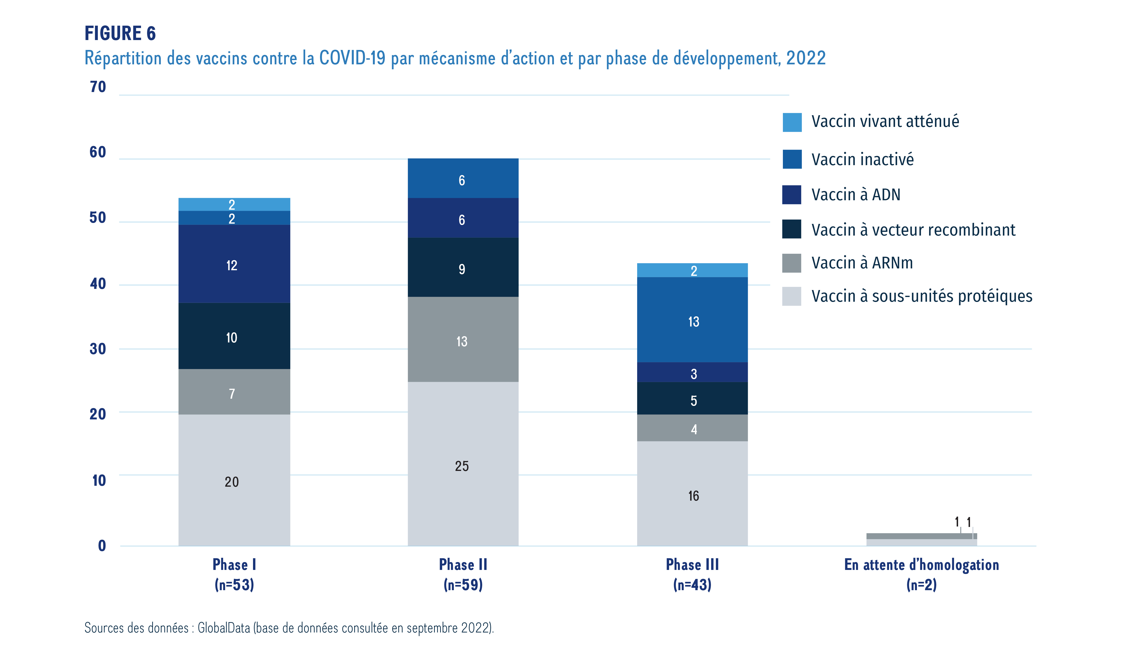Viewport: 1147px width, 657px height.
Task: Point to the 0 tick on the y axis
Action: click(x=102, y=546)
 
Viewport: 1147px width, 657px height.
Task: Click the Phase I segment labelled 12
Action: click(x=234, y=264)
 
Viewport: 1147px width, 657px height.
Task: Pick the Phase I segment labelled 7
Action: click(x=234, y=392)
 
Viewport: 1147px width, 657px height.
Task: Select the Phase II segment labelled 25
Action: click(x=463, y=465)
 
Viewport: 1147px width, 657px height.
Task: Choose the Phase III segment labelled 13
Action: click(x=692, y=320)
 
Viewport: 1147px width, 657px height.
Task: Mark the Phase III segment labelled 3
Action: click(x=692, y=373)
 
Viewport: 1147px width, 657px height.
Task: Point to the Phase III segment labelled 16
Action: click(x=692, y=494)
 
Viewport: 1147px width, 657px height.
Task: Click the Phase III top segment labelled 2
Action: click(x=692, y=270)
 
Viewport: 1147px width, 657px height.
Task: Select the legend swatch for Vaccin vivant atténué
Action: click(x=792, y=122)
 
